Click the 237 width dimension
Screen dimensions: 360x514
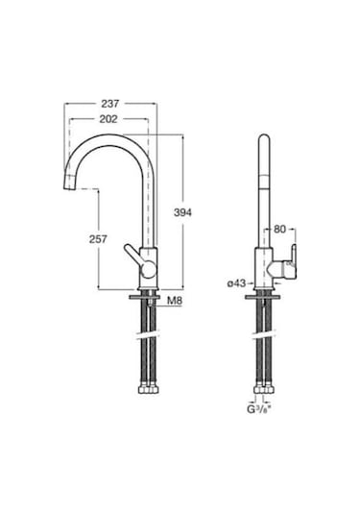click(109, 104)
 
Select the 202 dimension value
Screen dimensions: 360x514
click(108, 119)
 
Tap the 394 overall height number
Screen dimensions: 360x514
click(182, 212)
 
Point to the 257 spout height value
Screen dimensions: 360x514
click(98, 239)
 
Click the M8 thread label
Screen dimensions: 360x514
click(175, 301)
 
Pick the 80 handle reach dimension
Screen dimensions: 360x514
click(279, 229)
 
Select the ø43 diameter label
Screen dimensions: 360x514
click(236, 283)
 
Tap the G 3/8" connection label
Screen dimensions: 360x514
click(259, 409)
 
